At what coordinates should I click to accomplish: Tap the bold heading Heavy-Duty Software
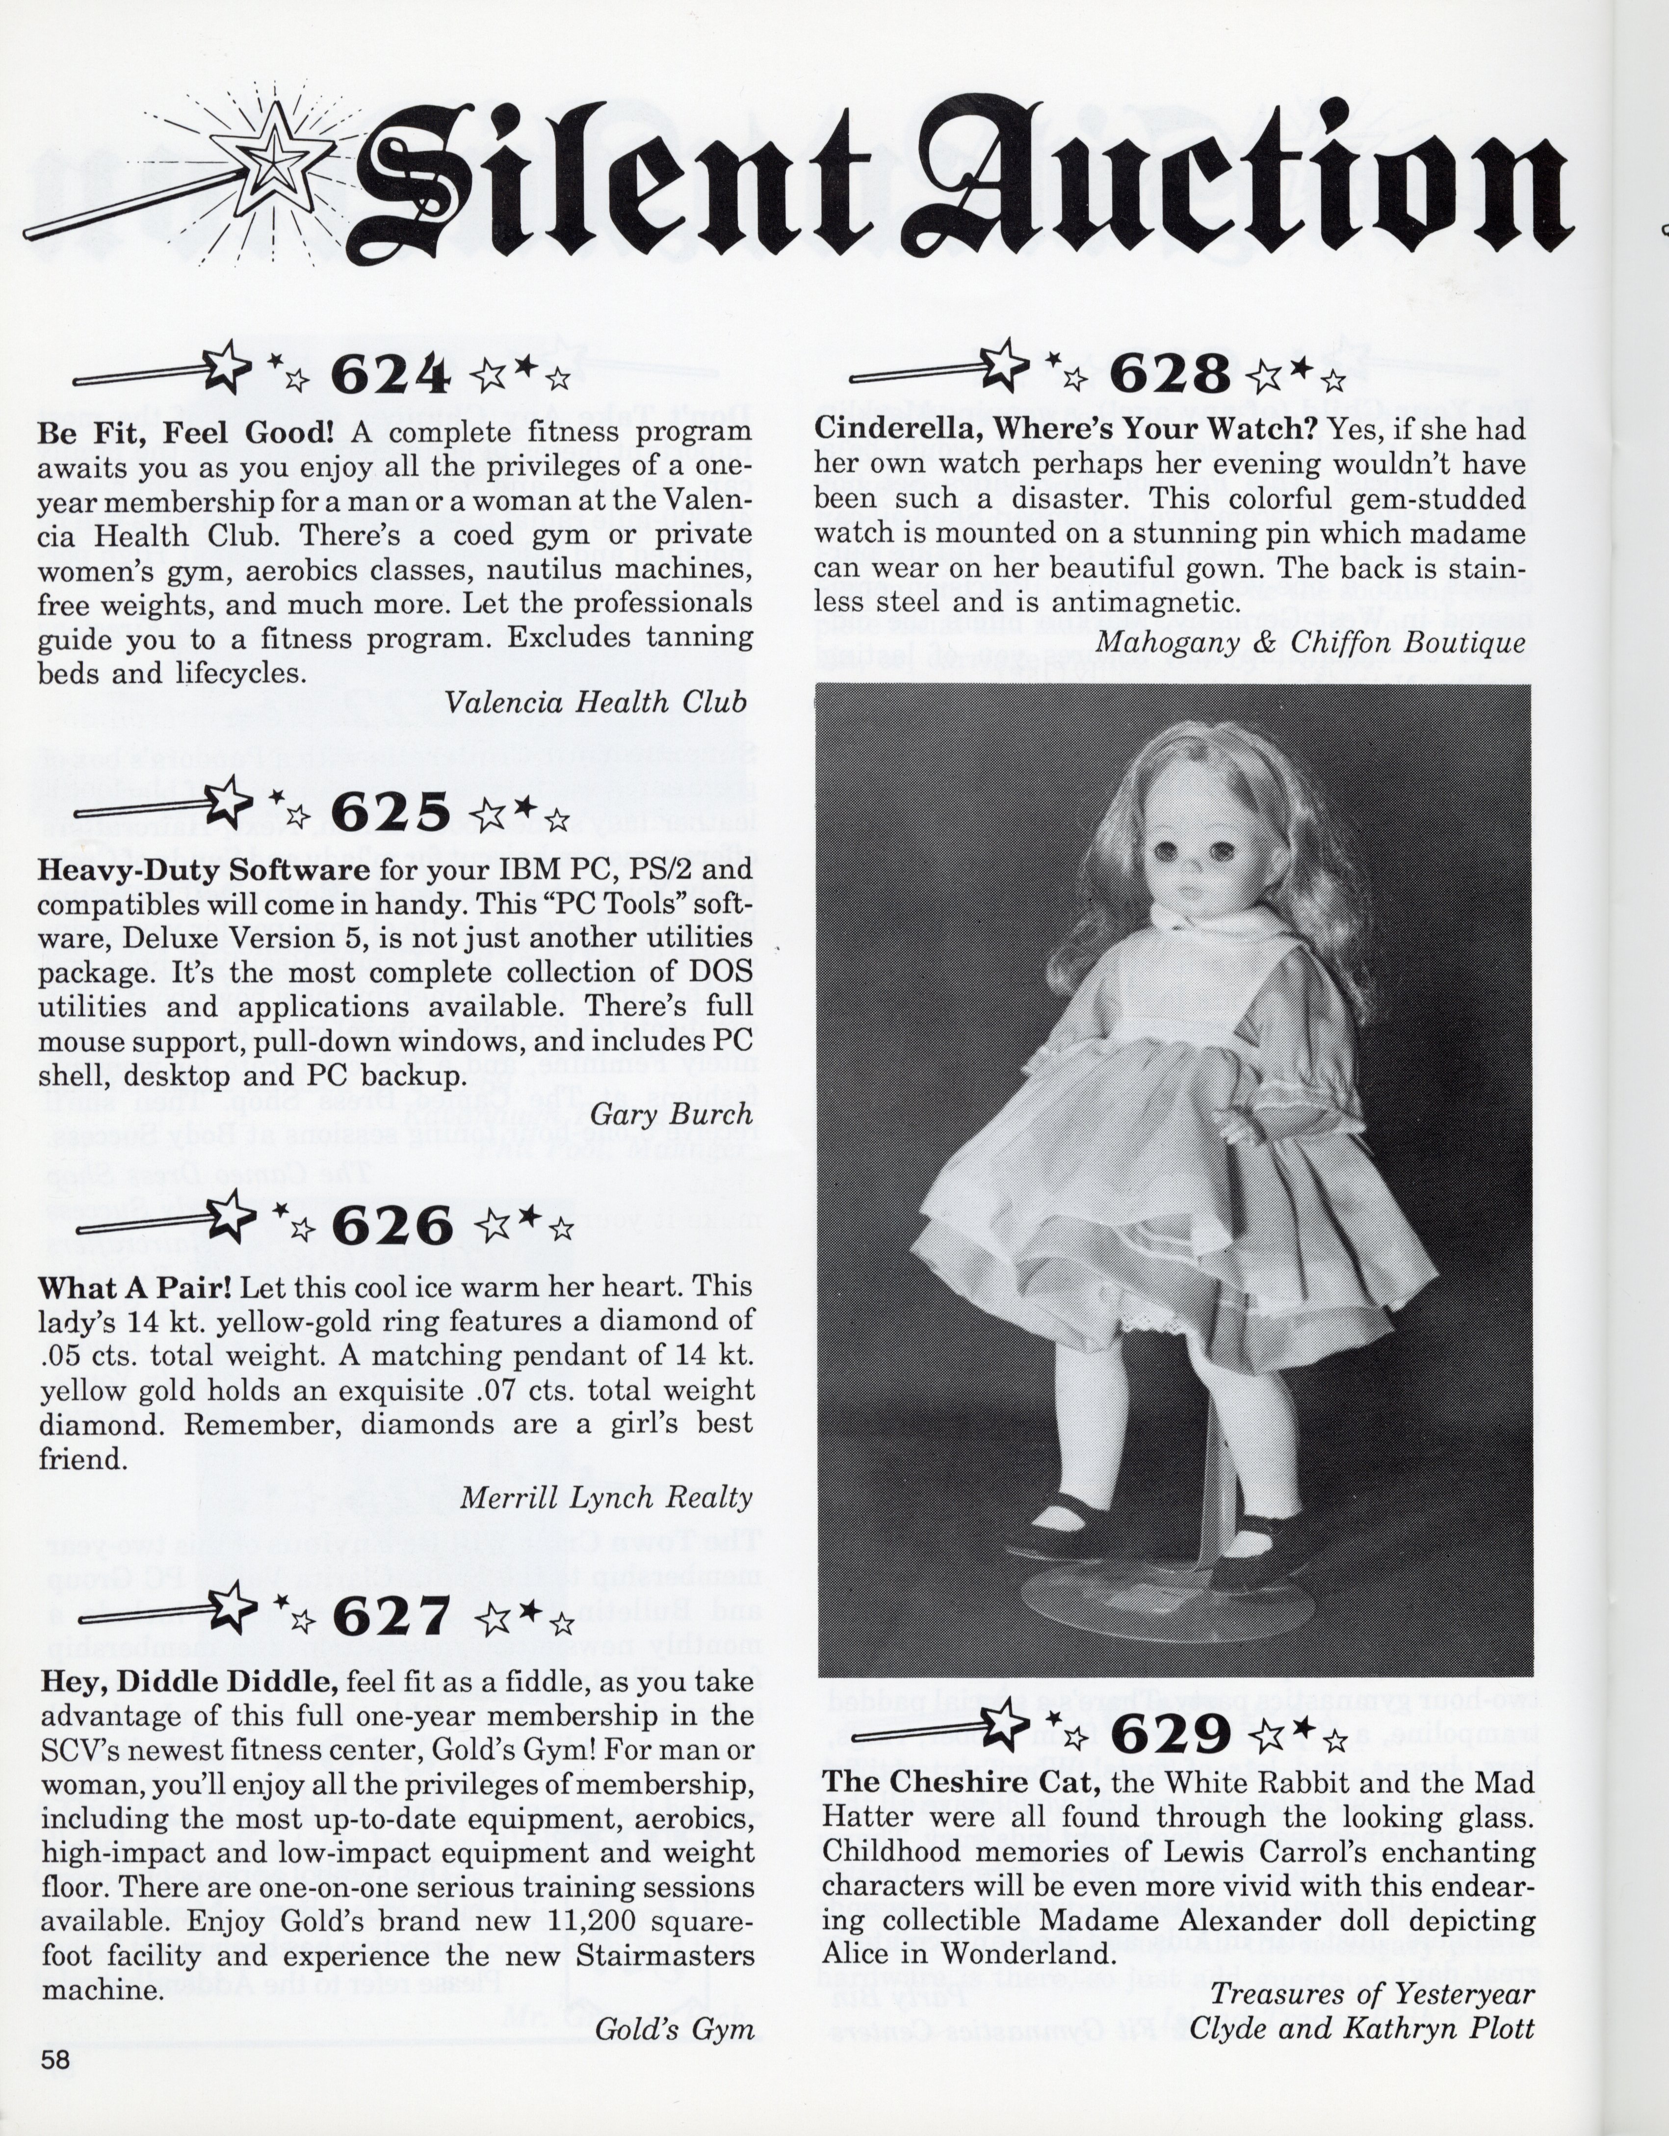pos(204,870)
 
